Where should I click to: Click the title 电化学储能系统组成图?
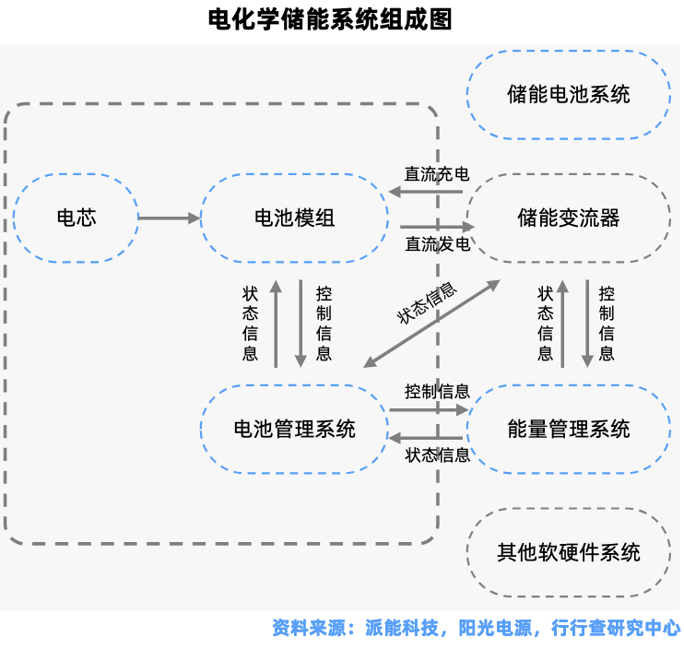point(330,19)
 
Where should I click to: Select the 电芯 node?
point(76,218)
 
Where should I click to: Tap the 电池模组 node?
point(294,218)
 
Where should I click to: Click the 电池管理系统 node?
point(294,430)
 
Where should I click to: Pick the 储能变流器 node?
point(569,218)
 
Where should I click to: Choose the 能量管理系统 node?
point(569,430)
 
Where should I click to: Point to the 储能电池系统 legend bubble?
point(569,95)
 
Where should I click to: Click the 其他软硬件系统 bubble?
point(569,552)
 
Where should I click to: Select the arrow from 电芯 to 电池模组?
point(170,218)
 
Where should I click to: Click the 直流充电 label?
point(437,174)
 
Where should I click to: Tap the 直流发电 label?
point(438,244)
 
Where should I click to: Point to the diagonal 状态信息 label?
point(427,303)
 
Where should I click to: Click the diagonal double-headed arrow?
point(431,324)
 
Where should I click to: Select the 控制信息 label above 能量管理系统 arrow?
point(437,391)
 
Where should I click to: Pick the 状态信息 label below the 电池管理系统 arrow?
point(437,454)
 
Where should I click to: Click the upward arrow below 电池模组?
point(276,324)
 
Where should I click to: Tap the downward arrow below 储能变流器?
point(587,324)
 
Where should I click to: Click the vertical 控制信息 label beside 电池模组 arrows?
point(324,324)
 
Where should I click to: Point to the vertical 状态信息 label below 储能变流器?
point(546,324)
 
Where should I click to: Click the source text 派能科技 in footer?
point(401,628)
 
